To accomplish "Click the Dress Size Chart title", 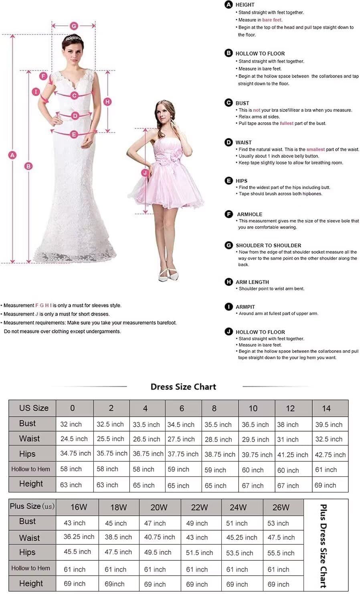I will pos(183,387).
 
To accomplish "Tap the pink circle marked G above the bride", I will pos(74,26).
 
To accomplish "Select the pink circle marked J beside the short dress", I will pos(145,173).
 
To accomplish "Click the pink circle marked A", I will pos(13,155).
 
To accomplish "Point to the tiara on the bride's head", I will pos(73,38).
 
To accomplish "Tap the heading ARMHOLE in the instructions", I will pos(249,214).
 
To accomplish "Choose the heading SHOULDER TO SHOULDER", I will pos(268,245).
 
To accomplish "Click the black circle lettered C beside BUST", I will pos(229,103).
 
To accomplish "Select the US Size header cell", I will pos(34,408).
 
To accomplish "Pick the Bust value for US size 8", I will pos(218,424).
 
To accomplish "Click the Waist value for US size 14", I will pos(329,439).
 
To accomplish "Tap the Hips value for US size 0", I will pos(75,454).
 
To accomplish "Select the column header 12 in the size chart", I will pos(290,408).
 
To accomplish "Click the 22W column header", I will pos(199,507).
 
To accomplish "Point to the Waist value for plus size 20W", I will pos(160,537).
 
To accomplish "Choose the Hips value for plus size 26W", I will pos(281,553).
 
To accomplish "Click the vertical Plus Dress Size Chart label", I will pos(324,546).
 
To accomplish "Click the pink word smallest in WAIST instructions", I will pos(316,149).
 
